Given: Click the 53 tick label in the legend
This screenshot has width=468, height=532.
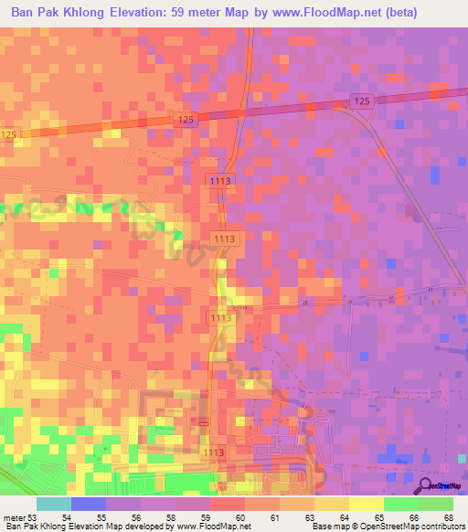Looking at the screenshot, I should click(33, 518).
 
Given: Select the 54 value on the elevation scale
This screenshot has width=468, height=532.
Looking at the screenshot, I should click(67, 518).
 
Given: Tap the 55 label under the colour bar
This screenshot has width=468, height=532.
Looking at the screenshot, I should click(101, 518).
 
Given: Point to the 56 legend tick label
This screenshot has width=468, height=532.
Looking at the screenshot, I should click(137, 518).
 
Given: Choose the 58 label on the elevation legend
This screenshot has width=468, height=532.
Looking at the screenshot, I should click(171, 518).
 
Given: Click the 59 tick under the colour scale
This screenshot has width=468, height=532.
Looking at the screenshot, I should click(206, 518).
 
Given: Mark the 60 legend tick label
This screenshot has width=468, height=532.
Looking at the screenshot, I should click(240, 518).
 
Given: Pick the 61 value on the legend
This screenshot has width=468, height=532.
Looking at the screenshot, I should click(275, 518).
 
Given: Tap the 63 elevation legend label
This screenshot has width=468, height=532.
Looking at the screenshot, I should click(310, 518).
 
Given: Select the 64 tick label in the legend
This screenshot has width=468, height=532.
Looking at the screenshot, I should click(345, 518).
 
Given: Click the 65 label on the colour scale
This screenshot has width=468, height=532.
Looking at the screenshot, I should click(379, 518).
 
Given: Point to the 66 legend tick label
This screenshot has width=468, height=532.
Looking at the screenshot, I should click(414, 518).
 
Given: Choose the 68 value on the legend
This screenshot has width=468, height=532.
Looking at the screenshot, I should click(449, 518).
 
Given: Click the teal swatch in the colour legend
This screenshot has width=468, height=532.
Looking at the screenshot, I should click(54, 504).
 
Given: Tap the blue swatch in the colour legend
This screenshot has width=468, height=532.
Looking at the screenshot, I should click(89, 504).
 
